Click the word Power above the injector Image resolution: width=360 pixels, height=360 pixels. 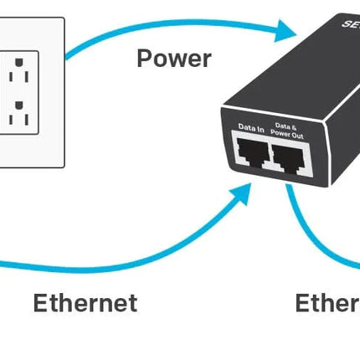point(174,59)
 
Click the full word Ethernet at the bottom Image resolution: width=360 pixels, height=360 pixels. point(85,302)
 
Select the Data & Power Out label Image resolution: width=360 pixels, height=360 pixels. point(288,130)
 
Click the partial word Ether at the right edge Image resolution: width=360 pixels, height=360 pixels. point(327,302)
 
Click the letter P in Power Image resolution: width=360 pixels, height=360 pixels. point(144,59)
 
